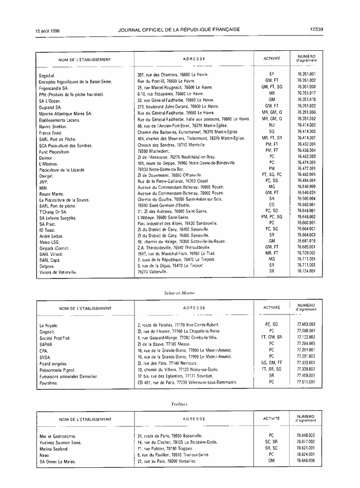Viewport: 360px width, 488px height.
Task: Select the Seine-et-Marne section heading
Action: pyautogui.click(x=179, y=293)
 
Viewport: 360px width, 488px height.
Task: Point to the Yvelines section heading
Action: pyautogui.click(x=179, y=403)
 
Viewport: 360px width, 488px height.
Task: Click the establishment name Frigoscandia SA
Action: pyautogui.click(x=54, y=87)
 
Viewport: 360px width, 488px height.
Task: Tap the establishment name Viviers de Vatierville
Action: pyautogui.click(x=58, y=272)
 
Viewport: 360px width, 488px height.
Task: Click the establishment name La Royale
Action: pyautogui.click(x=49, y=325)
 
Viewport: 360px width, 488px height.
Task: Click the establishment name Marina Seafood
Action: pyautogui.click(x=56, y=449)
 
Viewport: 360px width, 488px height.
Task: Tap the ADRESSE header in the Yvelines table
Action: pyautogui.click(x=194, y=419)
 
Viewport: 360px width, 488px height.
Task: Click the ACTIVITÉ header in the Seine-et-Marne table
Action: pyautogui.click(x=272, y=308)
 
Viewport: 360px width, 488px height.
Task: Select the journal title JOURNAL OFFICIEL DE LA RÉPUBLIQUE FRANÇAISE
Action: pyautogui.click(x=179, y=29)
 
